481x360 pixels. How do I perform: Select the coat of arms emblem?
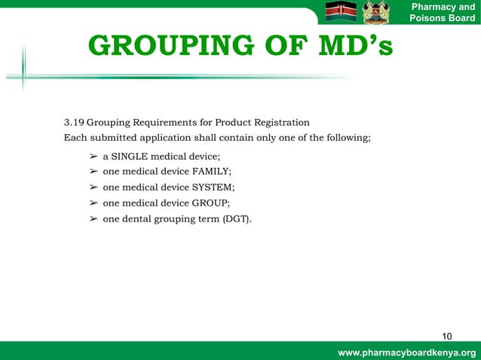(376, 13)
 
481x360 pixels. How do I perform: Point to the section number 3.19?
(73, 123)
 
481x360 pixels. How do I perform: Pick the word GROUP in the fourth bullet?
(210, 203)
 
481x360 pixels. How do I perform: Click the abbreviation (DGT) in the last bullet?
(237, 219)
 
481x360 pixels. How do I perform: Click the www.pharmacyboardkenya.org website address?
(407, 352)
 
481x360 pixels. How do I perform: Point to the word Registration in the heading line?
(280, 123)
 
